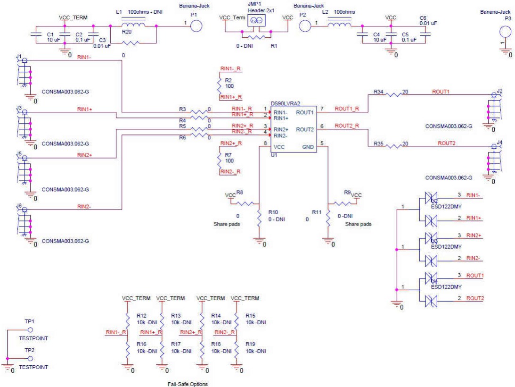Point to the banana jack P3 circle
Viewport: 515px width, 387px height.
click(505, 32)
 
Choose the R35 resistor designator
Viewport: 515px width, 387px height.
click(378, 143)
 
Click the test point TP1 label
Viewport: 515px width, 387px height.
click(29, 321)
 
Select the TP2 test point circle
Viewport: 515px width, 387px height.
click(30, 359)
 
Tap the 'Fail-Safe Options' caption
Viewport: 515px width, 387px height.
click(188, 384)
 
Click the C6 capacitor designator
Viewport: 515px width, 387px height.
click(423, 17)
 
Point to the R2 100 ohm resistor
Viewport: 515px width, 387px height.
click(219, 84)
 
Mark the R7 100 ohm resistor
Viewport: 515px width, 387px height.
click(219, 158)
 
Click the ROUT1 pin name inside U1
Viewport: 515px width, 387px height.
click(304, 113)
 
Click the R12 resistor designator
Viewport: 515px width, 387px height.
click(141, 315)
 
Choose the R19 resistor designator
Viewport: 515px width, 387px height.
click(251, 344)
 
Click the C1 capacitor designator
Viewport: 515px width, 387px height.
click(50, 34)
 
